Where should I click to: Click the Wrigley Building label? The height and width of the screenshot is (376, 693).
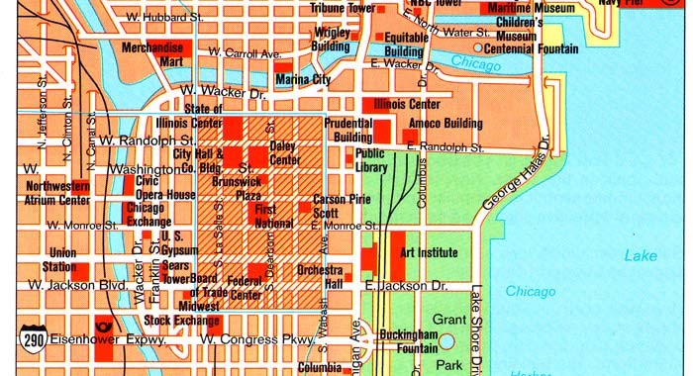pos(331,39)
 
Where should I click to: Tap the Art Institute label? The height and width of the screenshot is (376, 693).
pos(428,252)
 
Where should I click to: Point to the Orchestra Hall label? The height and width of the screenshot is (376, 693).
pos(320,277)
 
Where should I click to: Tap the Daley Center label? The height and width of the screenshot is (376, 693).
pos(284,152)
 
